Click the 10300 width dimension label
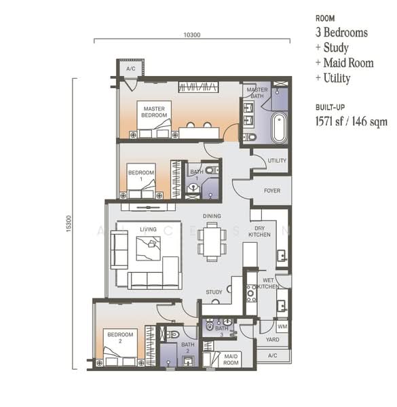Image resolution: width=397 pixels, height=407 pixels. (192, 35)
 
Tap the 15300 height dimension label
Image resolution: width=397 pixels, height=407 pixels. (69, 223)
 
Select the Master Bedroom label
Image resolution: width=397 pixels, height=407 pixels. (154, 112)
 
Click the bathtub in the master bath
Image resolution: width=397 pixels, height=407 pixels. (279, 128)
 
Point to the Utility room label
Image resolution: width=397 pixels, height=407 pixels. (277, 160)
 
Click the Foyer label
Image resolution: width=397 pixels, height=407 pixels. (272, 191)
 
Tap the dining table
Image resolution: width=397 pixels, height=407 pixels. (212, 241)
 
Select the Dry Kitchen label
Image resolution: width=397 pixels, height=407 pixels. (259, 231)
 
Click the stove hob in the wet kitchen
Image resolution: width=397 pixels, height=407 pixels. (251, 293)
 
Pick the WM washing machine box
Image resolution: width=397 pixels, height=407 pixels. (282, 326)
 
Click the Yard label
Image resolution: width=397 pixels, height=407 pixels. (272, 340)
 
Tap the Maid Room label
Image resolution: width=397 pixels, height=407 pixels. (231, 360)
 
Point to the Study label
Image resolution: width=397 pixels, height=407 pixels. (214, 292)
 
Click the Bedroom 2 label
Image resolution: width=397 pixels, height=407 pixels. (120, 338)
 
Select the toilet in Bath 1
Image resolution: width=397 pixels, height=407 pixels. (212, 170)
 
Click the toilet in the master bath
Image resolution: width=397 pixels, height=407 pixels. (250, 137)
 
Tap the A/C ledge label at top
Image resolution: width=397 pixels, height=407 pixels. (131, 69)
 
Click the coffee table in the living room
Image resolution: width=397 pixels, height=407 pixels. (148, 248)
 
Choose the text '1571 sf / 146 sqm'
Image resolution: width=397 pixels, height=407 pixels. (352, 121)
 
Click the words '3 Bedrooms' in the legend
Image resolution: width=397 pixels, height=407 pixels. (341, 33)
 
